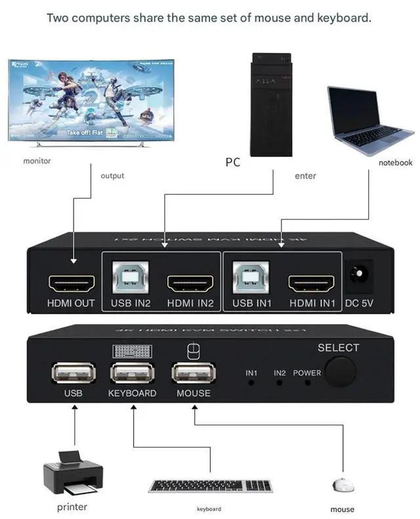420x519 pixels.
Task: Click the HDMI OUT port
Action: [x=72, y=283]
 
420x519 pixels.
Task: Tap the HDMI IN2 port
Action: [x=191, y=283]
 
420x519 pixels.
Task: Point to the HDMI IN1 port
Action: [x=312, y=283]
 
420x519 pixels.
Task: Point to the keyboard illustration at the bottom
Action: [x=210, y=486]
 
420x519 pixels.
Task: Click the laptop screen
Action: [x=354, y=108]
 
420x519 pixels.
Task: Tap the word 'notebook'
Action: [x=395, y=163]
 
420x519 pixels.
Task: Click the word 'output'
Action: [x=112, y=176]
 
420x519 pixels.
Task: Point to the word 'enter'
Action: [x=305, y=176]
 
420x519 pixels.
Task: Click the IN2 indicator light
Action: [x=280, y=382]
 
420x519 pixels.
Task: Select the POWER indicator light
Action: [x=307, y=382]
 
